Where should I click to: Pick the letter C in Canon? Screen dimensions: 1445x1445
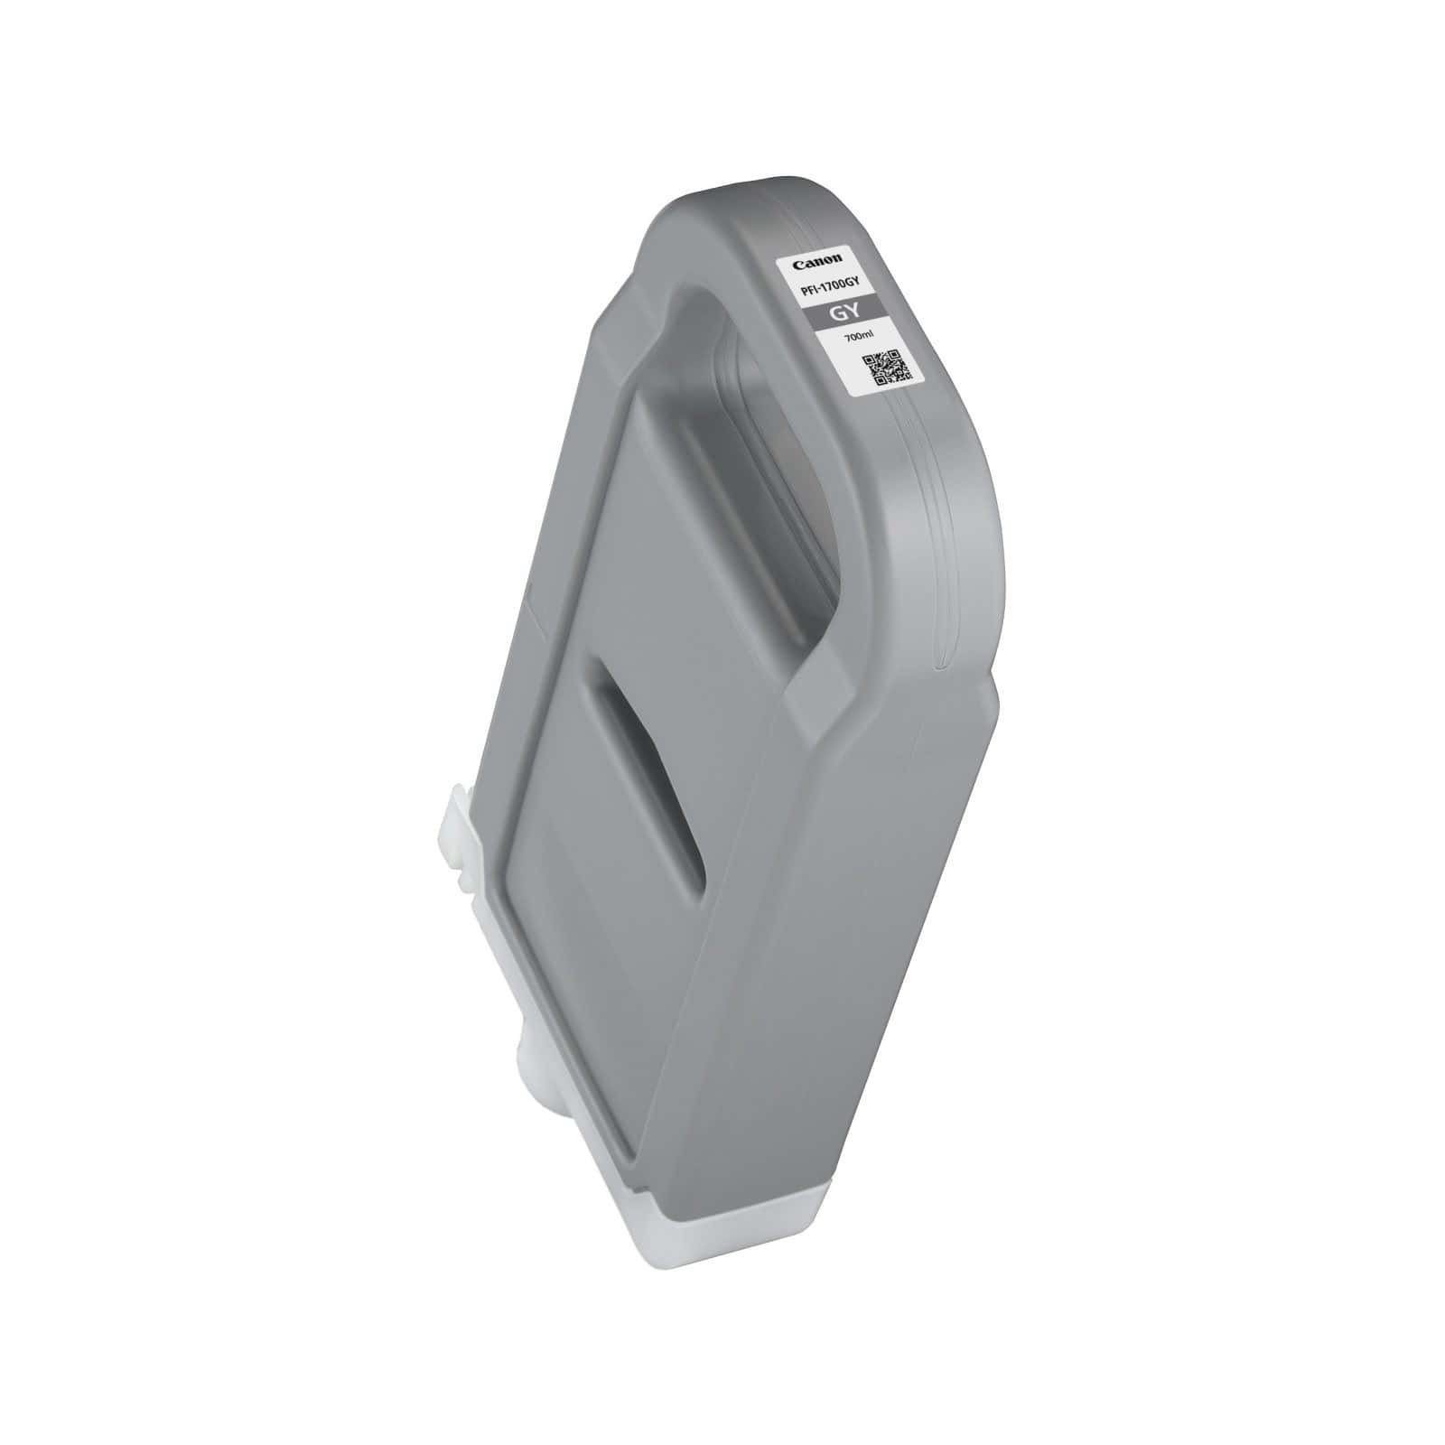[797, 265]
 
